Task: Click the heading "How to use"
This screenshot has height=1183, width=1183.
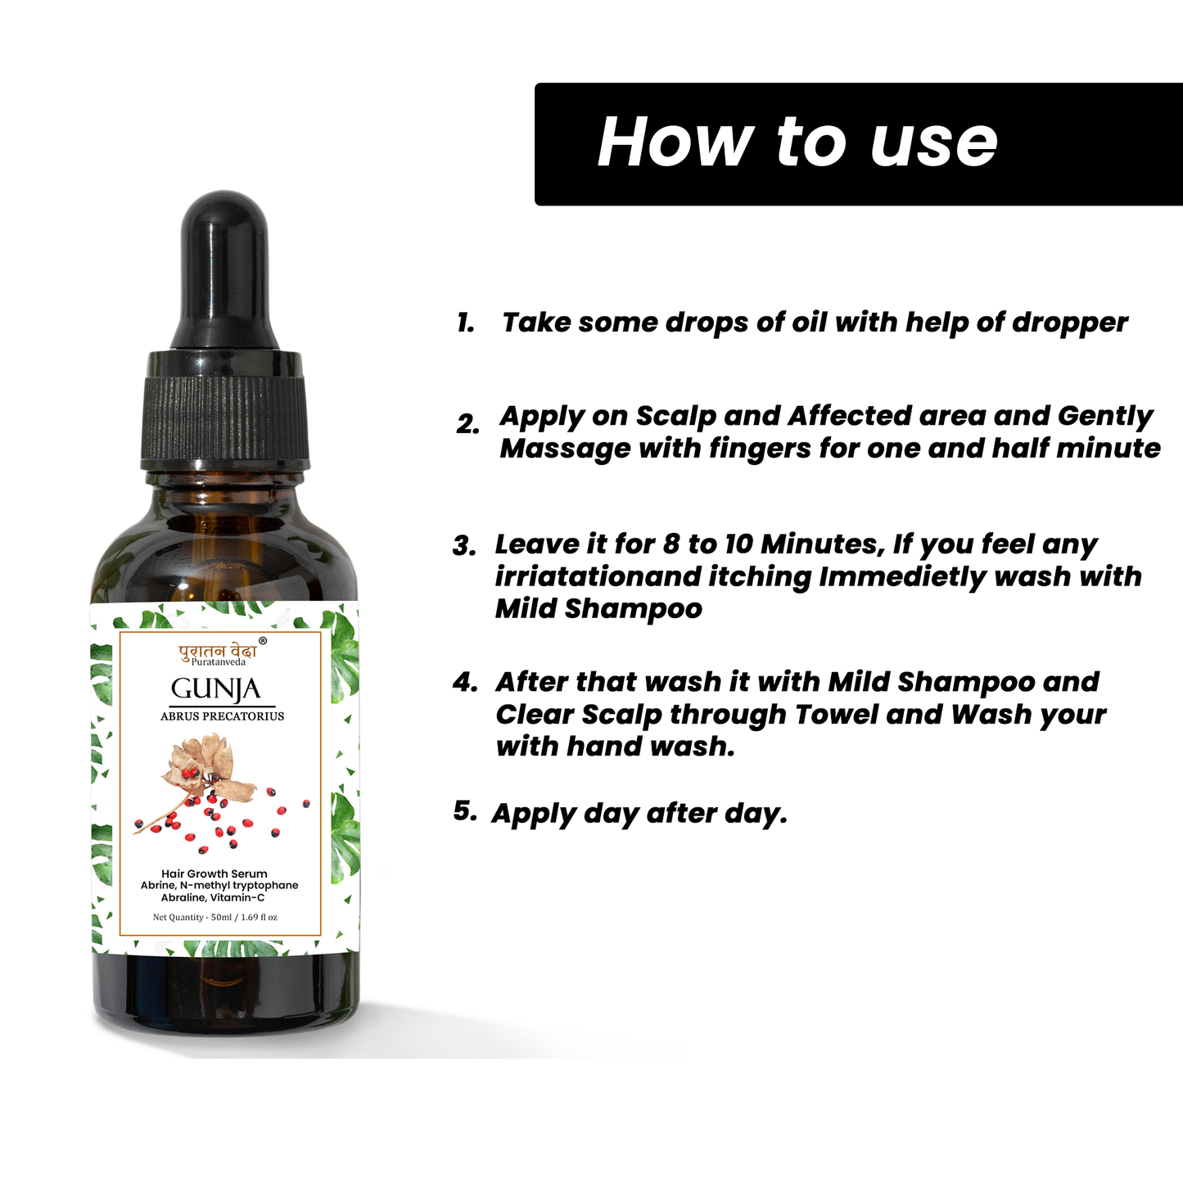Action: (797, 142)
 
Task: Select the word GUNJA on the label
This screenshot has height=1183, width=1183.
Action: (215, 689)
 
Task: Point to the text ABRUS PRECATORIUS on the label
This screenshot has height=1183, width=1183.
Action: (222, 716)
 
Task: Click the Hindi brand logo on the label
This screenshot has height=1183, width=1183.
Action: (217, 651)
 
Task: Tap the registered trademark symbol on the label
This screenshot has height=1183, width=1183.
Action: (263, 642)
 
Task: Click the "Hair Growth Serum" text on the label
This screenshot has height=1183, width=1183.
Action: (214, 874)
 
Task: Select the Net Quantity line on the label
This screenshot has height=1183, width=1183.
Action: (215, 917)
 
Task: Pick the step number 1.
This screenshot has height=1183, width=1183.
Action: (466, 323)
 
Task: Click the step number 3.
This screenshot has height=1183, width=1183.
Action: (464, 546)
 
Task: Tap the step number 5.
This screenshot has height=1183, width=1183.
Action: (464, 811)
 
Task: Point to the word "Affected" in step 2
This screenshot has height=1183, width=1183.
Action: (850, 416)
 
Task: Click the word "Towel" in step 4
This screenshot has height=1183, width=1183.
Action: (836, 715)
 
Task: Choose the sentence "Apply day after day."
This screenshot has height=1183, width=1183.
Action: (639, 814)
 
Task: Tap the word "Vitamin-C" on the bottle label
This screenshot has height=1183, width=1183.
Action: (237, 898)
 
